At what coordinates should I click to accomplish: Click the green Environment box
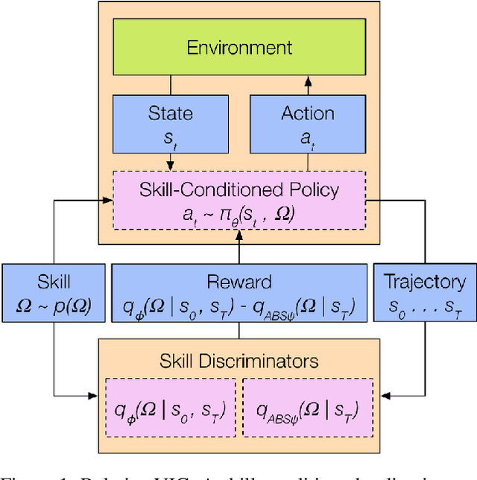coord(239,48)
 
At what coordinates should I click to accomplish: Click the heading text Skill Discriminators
coord(239,361)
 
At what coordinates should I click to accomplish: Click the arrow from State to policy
coord(171,162)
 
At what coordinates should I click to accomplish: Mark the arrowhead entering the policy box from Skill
coord(107,199)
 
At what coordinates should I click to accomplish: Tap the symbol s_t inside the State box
coord(171,136)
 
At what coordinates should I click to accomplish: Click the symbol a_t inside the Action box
coord(308,136)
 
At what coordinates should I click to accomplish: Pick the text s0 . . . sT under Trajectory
coord(424,304)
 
